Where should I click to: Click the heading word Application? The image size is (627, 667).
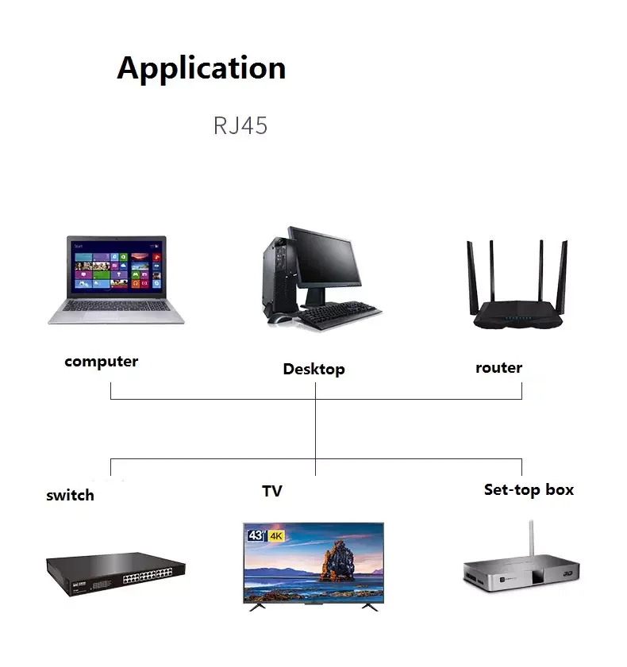click(201, 69)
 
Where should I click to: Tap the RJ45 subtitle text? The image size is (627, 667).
click(240, 126)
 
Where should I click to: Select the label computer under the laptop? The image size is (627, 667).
click(101, 362)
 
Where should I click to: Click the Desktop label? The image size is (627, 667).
click(313, 369)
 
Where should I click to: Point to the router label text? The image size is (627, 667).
click(498, 367)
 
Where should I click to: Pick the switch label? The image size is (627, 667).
click(70, 496)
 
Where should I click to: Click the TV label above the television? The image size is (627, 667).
click(272, 492)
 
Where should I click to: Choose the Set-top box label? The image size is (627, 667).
click(529, 489)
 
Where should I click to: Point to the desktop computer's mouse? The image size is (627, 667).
click(279, 317)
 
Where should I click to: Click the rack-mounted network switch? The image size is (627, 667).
click(115, 572)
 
